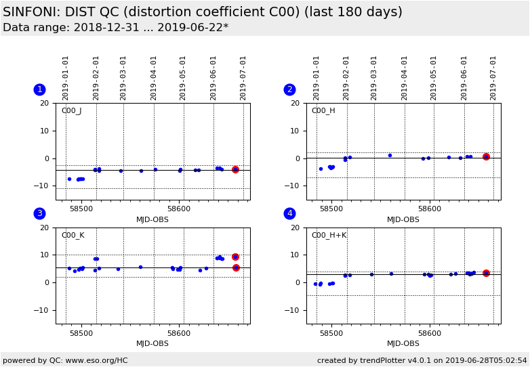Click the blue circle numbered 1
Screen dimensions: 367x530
pos(39,89)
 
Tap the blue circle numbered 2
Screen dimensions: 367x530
pos(289,89)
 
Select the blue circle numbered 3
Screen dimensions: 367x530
pos(39,213)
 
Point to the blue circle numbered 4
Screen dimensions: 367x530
pos(289,213)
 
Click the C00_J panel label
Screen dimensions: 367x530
pos(71,111)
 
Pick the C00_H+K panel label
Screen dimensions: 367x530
pos(328,236)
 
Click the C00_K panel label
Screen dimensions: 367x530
pos(73,236)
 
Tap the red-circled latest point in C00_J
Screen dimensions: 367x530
pos(235,169)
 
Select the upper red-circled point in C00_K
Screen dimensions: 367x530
pos(235,257)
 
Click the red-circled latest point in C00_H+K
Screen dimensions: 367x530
pos(486,273)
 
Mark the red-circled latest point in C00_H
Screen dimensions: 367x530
pos(486,156)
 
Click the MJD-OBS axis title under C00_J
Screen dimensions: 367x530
pos(152,219)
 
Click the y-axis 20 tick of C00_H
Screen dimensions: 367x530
pos(296,104)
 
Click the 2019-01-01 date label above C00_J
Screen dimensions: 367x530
pos(66,78)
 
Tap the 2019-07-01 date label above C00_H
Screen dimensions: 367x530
pos(494,78)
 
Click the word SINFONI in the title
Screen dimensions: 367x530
pos(31,12)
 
